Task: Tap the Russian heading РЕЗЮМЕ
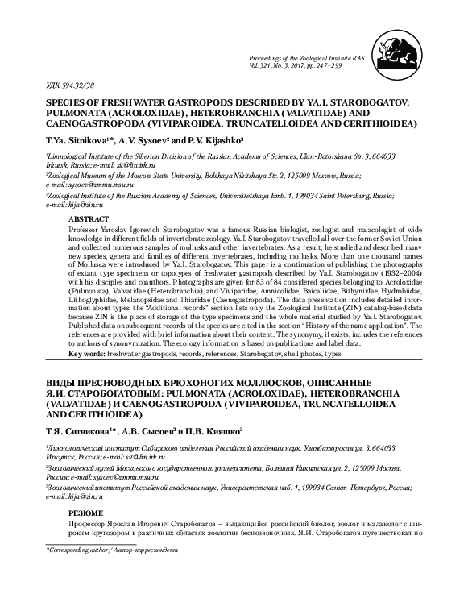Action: pyautogui.click(x=109, y=490)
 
